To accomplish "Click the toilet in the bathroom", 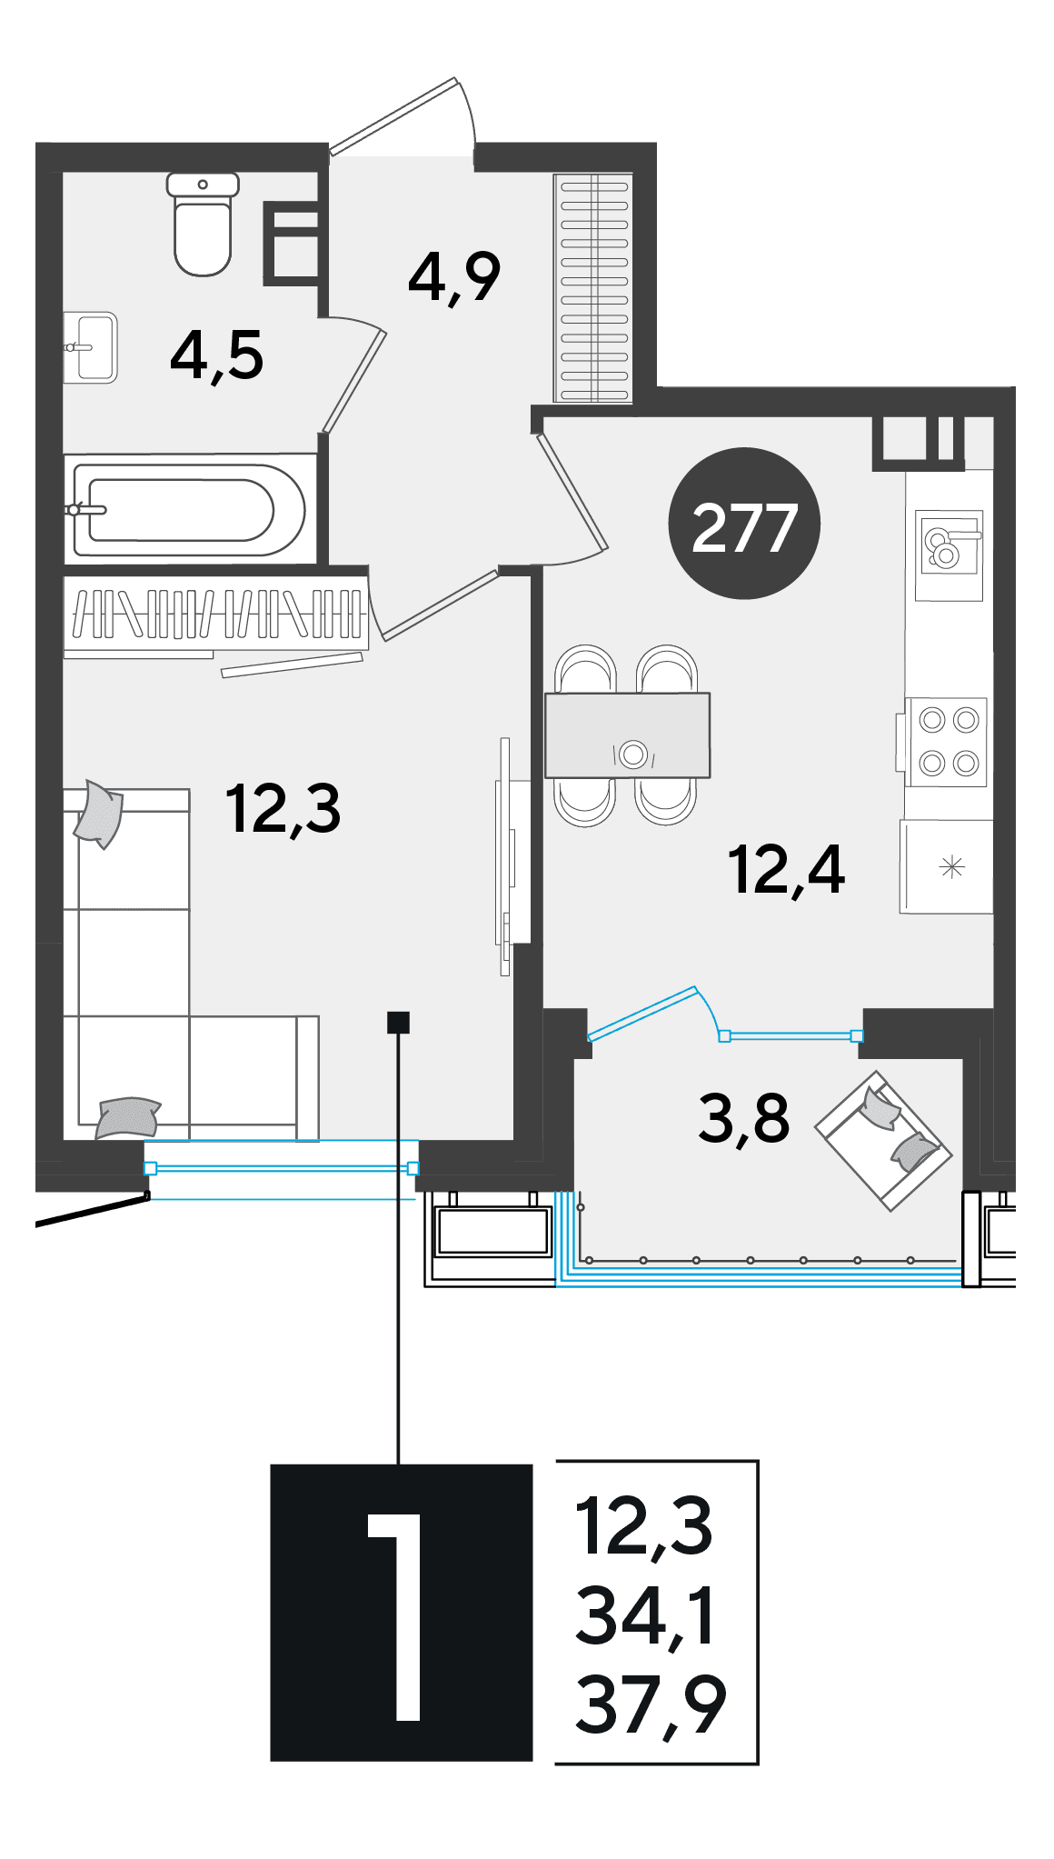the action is pyautogui.click(x=203, y=224).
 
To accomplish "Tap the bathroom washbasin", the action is pyautogui.click(x=91, y=347).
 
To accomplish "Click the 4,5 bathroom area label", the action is pyautogui.click(x=216, y=355).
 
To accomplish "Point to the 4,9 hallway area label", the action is pyautogui.click(x=454, y=277).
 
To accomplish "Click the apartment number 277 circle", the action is pyautogui.click(x=744, y=523).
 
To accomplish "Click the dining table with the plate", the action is pyautogui.click(x=627, y=735).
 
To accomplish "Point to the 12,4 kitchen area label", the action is pyautogui.click(x=786, y=870).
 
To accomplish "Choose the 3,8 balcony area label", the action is pyautogui.click(x=743, y=1119).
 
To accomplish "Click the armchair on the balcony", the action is pyautogui.click(x=883, y=1140).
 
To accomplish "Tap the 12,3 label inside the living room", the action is pyautogui.click(x=283, y=809).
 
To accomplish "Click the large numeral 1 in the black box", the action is pyautogui.click(x=397, y=1617).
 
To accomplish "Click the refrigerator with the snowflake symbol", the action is pyautogui.click(x=946, y=866).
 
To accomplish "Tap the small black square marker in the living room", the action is pyautogui.click(x=398, y=1023).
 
